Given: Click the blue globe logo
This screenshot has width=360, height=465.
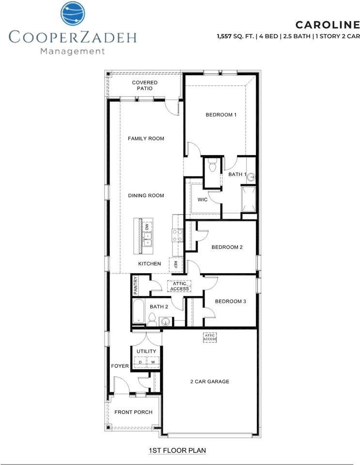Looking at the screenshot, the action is click(x=73, y=14).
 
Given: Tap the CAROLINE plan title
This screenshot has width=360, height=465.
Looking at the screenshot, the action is click(x=328, y=25).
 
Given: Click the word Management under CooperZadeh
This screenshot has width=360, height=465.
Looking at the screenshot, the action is click(x=72, y=51).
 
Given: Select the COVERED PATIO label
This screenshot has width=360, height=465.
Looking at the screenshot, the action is click(x=145, y=85).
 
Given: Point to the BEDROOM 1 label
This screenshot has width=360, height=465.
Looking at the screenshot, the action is click(x=221, y=115).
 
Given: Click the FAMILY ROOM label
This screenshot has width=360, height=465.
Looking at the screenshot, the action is click(x=146, y=139).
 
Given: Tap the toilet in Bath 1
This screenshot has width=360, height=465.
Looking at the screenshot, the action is click(x=213, y=165).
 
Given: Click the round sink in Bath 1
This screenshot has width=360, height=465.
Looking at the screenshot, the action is click(x=251, y=177).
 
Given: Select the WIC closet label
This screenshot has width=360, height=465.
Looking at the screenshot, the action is click(x=203, y=200).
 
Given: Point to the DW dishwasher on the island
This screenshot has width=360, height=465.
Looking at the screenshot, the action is click(x=147, y=227).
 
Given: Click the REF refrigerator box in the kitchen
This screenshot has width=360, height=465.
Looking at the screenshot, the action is click(x=175, y=264).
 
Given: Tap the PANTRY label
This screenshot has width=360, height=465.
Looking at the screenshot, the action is click(x=136, y=285).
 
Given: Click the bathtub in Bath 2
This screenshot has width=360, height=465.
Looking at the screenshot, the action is click(x=139, y=311).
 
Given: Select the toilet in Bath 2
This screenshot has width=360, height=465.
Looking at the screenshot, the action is click(x=152, y=319).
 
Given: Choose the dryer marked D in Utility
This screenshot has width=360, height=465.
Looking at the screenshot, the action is click(x=140, y=362).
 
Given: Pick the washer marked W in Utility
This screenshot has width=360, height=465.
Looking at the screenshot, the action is click(x=153, y=362).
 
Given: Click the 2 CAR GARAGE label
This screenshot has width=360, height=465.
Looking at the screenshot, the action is click(x=210, y=382).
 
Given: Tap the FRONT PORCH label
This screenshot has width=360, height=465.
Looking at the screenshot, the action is click(x=133, y=412).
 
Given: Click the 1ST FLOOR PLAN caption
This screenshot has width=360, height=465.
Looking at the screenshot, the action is click(x=177, y=450).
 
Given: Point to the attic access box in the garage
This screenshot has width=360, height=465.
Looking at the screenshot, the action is click(x=210, y=337).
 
